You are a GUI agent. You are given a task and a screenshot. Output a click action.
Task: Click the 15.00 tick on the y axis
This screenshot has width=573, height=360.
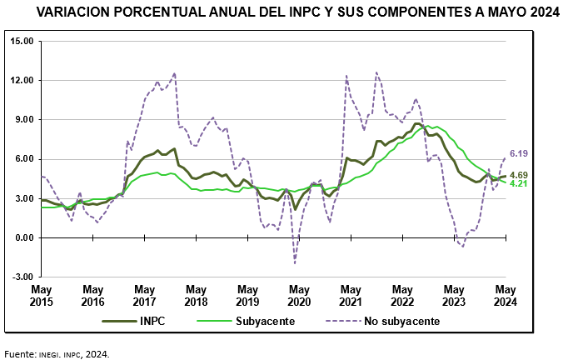[x=22, y=41]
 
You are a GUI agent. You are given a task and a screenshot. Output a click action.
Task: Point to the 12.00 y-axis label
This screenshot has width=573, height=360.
[x=22, y=80]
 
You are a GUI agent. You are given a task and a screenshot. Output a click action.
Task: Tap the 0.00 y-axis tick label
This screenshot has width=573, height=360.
[x=25, y=237]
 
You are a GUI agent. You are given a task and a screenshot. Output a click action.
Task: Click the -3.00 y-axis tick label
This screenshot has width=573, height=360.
[x=23, y=277]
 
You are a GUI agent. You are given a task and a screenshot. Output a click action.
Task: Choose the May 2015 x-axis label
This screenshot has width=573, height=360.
[x=42, y=294]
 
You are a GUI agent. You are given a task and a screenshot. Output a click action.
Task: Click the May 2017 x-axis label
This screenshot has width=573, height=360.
[x=145, y=294]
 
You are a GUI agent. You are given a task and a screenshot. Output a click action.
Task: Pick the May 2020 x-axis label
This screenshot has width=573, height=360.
[x=299, y=294]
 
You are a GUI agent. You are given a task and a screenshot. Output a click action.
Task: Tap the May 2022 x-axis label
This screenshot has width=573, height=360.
[x=402, y=294]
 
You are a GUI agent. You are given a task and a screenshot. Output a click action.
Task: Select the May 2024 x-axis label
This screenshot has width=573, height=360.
[x=505, y=294]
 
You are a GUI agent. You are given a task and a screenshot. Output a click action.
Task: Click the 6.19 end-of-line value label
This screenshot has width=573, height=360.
[x=520, y=153]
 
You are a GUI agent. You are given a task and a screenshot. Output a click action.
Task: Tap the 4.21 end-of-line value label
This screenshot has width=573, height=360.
[x=520, y=183]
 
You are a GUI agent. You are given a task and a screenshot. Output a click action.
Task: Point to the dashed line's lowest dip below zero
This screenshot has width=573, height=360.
[x=295, y=262]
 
